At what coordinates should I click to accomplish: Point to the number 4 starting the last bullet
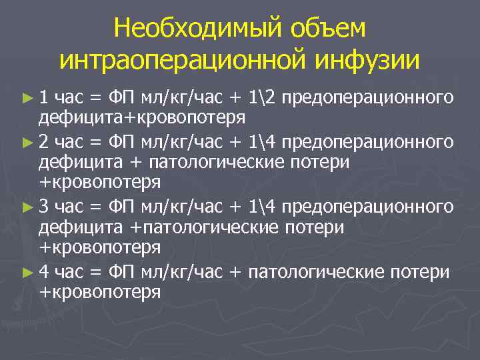tap(43, 271)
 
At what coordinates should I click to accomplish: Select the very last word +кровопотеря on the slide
tap(100, 291)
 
